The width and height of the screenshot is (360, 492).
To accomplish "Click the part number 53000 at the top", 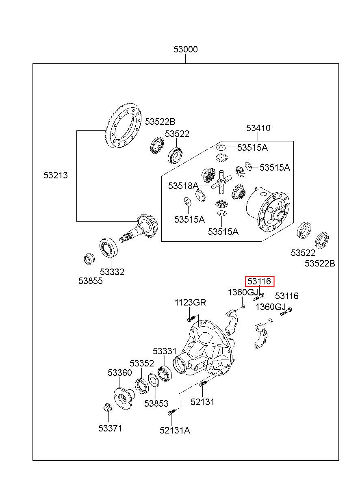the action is [185, 49].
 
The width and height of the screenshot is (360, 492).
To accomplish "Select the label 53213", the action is [56, 175].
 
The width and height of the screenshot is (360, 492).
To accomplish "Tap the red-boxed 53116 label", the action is [260, 282].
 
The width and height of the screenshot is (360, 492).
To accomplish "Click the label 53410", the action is [258, 128].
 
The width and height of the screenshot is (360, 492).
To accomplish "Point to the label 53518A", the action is [183, 186].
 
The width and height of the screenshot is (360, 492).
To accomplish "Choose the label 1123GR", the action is [190, 302].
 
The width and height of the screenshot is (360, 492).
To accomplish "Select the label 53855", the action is [91, 281].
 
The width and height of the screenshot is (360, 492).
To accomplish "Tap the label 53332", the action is [112, 272].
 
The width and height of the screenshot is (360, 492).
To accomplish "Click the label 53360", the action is [120, 373].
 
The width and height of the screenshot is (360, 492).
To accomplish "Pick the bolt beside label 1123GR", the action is [191, 318].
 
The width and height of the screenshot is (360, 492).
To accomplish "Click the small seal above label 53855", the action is [89, 259].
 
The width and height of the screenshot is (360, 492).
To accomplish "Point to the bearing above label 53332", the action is [108, 247].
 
